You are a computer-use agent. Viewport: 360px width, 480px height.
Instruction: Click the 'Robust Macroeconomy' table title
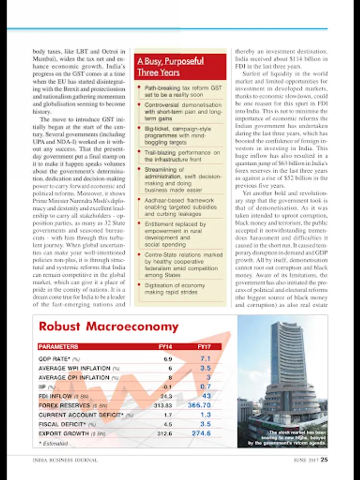pos(109,326)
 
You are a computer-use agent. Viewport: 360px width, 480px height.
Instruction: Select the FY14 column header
pos(165,347)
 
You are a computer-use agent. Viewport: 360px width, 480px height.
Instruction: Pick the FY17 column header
pos(204,347)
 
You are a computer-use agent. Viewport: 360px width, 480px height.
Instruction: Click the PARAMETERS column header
pos(58,347)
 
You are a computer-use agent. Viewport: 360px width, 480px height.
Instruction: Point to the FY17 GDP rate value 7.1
pos(205,359)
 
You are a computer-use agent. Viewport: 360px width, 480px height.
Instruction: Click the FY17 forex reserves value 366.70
pos(199,405)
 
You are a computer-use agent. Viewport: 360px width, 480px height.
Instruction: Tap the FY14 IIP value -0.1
pos(166,387)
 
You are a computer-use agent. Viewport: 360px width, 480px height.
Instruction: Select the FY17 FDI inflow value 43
pos(206,396)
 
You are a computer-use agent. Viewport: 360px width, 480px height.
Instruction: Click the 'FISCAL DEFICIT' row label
pos(63,424)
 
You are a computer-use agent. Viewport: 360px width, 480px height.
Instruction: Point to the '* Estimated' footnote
pos(53,443)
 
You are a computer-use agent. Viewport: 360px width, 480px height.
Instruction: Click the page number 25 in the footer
pos(324,462)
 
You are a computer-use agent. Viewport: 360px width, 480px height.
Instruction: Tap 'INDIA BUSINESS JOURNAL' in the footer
pos(59,462)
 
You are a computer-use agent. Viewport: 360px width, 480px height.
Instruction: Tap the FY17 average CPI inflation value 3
pos(209,377)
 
